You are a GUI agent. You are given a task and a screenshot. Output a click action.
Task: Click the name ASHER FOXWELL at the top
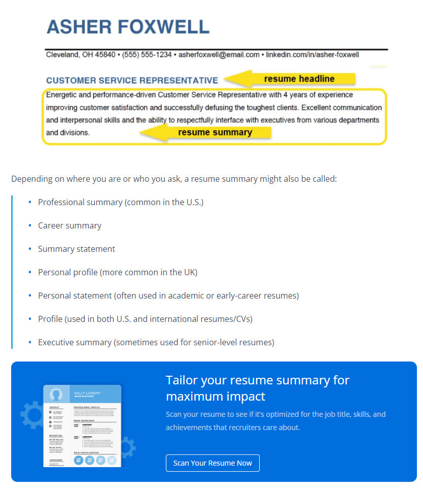pos(128,26)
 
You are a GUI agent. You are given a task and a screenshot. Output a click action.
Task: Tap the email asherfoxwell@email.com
pos(219,54)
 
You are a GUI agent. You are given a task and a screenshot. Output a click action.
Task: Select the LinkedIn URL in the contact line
pos(312,54)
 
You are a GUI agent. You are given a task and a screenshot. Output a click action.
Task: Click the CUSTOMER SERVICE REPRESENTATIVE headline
pos(132,80)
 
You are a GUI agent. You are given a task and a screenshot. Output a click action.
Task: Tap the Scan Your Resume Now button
pos(213,463)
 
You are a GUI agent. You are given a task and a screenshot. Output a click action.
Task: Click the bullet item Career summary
pos(69,225)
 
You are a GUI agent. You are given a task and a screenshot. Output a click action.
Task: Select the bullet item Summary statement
pos(77,249)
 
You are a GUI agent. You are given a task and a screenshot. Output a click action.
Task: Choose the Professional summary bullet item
pos(120,202)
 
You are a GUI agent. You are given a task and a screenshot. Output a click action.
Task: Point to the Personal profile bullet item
pos(117,272)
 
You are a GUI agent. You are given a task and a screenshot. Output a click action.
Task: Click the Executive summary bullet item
pos(156,342)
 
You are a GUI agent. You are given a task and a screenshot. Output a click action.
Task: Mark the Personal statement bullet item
pos(168,296)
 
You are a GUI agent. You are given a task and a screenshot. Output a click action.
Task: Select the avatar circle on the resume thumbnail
pos(56,395)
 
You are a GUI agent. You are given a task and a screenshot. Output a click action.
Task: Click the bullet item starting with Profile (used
pos(145,319)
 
